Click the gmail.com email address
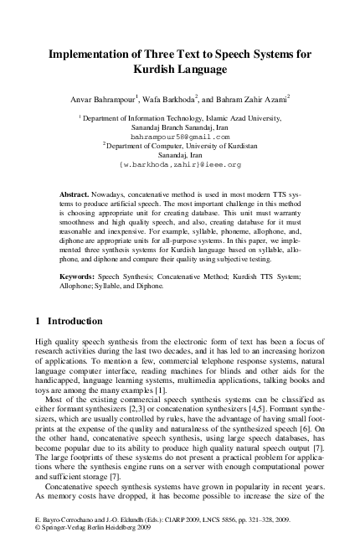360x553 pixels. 179,135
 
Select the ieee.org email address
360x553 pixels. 179,164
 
